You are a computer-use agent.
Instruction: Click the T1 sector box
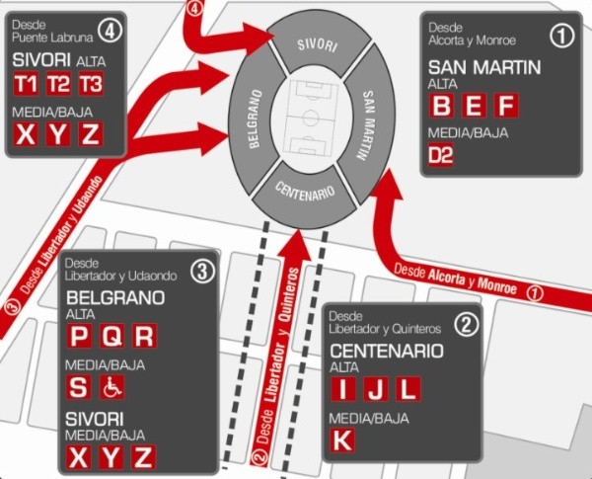27,84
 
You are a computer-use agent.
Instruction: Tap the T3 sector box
91,84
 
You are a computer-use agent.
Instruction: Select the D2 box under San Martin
441,155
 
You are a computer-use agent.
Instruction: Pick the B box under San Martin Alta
443,106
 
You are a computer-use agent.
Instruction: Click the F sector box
505,106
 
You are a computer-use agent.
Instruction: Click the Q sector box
112,336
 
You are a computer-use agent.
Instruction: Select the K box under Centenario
341,440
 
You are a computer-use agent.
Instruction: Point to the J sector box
375,388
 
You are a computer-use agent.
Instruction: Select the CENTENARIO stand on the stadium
304,190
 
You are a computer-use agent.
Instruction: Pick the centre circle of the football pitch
311,119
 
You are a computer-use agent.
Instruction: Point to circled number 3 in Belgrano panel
199,271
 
